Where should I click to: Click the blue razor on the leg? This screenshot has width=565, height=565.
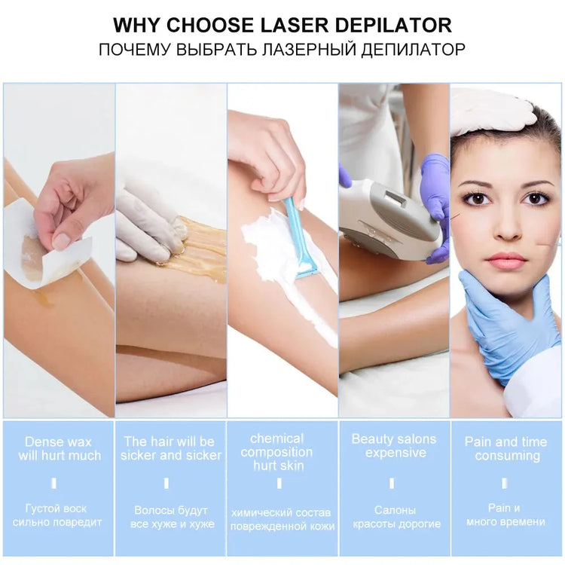tap(301, 241)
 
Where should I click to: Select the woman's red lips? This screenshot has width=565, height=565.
tap(505, 261)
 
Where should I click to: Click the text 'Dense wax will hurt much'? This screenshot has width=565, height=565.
tap(58, 449)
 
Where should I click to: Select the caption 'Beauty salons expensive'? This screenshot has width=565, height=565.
tap(394, 446)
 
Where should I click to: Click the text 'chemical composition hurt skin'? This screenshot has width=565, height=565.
tap(276, 452)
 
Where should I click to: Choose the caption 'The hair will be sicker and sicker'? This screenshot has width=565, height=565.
tap(170, 449)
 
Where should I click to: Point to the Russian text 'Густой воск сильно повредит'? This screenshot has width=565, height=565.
tap(58, 515)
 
